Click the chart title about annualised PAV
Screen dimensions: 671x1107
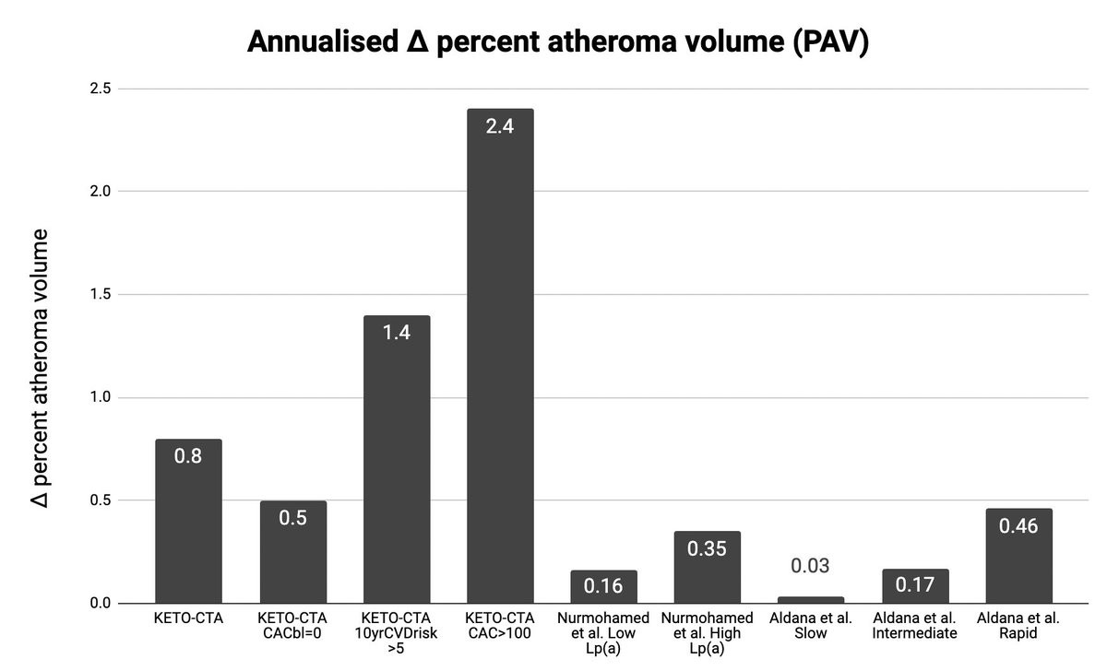tap(558, 42)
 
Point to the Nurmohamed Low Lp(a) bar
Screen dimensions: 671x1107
tap(603, 590)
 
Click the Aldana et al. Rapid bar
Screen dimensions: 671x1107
tap(1018, 562)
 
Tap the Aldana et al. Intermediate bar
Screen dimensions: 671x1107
tap(915, 590)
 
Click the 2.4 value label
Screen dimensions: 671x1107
tap(500, 126)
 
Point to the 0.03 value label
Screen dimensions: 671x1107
tap(811, 566)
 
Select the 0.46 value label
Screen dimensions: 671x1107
tap(1018, 526)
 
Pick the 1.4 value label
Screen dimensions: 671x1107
tap(397, 333)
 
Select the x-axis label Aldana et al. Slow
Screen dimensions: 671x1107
tap(811, 625)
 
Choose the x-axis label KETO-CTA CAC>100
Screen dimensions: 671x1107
tap(500, 625)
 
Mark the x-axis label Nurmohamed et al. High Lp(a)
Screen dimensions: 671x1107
tap(707, 632)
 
